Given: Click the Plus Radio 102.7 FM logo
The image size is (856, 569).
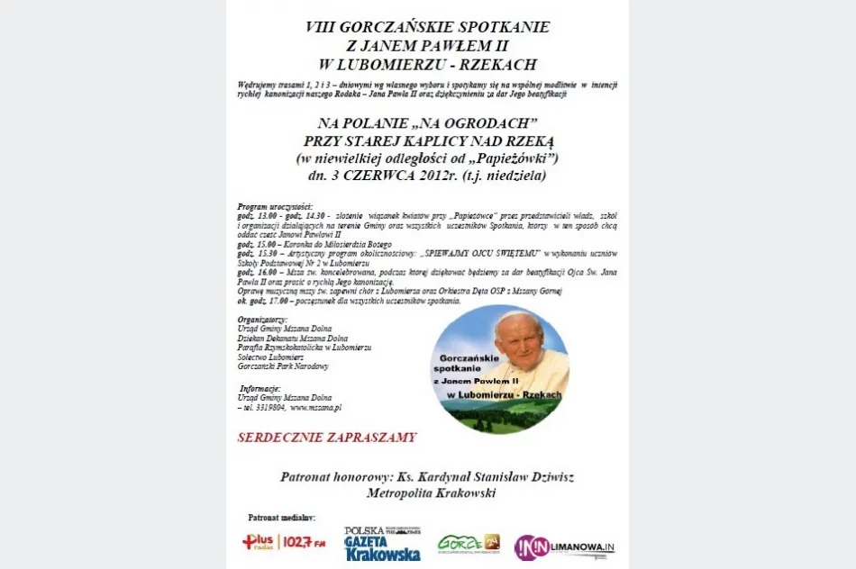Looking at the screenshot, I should tap(284, 542).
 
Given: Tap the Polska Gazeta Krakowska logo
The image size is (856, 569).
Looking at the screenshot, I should tap(382, 544).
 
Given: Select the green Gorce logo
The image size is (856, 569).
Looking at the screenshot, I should tap(469, 543).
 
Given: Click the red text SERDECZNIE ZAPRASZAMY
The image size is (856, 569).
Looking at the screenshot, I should tap(327, 438).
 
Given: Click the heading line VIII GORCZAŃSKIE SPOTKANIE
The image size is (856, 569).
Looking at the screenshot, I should tap(427, 27).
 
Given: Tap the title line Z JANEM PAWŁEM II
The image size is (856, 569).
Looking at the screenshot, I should tap(427, 46).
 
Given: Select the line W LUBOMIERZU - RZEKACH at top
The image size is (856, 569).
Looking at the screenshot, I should tap(427, 65).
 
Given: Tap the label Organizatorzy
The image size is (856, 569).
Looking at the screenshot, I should tap(262, 320).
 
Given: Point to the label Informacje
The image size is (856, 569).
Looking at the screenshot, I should tap(261, 388).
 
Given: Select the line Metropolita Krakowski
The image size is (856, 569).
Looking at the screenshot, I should tap(431, 493).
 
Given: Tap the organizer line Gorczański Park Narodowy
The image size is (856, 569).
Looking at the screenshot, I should tap(283, 366).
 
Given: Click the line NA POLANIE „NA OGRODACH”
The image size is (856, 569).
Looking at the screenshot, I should tap(427, 122).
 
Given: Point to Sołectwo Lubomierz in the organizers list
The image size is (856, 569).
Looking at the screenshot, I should tap(270, 357).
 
